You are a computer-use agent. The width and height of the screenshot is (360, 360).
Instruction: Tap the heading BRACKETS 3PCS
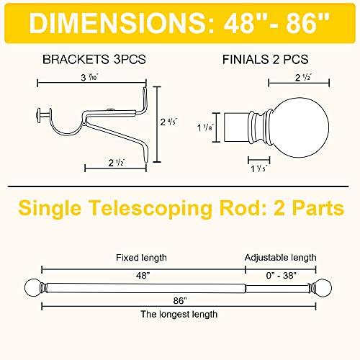click(x=94, y=59)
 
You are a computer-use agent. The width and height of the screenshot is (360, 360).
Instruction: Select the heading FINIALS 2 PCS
click(x=266, y=59)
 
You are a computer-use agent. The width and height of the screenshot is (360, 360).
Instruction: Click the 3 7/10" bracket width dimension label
click(x=90, y=77)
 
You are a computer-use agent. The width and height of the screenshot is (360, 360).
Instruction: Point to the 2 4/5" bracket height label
click(x=168, y=122)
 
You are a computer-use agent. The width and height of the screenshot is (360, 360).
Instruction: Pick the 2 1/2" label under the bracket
click(x=117, y=163)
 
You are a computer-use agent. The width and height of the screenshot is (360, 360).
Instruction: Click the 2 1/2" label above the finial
click(x=303, y=77)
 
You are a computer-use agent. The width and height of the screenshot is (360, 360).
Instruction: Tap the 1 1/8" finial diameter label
click(x=205, y=127)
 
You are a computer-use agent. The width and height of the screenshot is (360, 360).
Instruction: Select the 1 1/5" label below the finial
click(x=258, y=168)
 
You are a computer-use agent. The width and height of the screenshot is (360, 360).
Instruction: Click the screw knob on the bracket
click(x=38, y=116)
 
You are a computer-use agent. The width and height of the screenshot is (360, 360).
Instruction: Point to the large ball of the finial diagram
click(x=300, y=127)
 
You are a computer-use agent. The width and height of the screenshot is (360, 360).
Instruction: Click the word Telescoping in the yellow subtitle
click(x=151, y=208)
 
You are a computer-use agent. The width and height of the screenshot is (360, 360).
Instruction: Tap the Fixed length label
click(x=141, y=258)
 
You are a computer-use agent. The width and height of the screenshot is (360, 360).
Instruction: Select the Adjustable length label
click(x=280, y=258)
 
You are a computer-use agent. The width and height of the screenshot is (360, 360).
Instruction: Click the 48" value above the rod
click(x=143, y=276)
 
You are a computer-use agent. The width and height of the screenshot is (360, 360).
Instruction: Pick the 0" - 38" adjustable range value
click(x=281, y=276)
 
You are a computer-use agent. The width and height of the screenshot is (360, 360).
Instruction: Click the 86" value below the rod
click(x=180, y=300)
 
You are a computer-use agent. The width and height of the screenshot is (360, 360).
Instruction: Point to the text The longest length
click(x=179, y=314)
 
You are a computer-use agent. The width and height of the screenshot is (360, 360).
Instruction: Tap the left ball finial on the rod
click(x=32, y=287)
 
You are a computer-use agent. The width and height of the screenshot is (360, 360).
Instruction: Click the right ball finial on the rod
click(x=324, y=287)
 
